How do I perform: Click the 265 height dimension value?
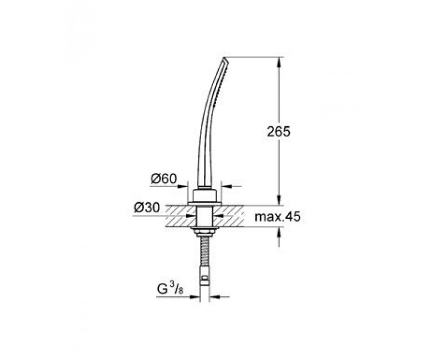pos(279,132)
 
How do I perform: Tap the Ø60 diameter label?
pos(163,179)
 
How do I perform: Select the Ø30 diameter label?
pos(147,208)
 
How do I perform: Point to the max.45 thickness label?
pos(277,217)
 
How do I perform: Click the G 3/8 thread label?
pos(170,290)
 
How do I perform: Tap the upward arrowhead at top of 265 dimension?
pos(280,61)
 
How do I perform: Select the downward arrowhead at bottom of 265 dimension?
pos(280,200)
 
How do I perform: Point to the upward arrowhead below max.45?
pos(280,232)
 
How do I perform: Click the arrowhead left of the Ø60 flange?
pos(183,187)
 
